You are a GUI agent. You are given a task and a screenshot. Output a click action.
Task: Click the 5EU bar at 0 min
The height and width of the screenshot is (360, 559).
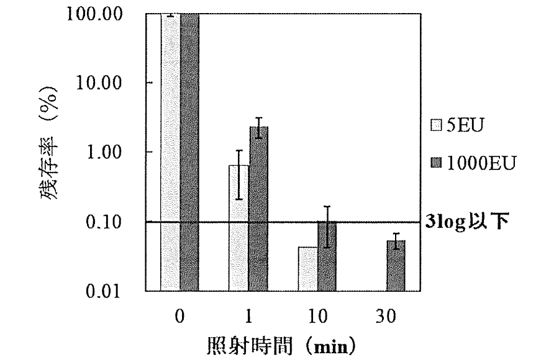(x=170, y=151)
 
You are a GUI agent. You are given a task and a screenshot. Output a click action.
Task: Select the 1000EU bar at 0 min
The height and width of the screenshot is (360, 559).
(x=189, y=151)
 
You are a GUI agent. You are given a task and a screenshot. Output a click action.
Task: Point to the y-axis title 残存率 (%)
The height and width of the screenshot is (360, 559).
(x=52, y=152)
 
